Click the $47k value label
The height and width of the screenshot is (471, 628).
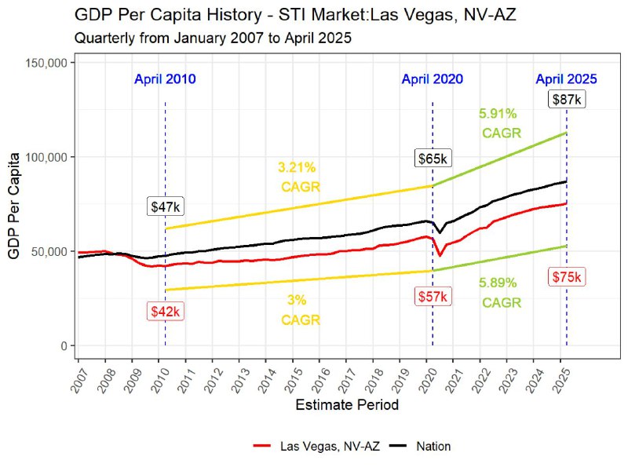click(165, 206)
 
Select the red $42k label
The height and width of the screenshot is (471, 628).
click(165, 312)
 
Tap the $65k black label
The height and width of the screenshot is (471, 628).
click(432, 159)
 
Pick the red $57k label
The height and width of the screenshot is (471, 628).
click(432, 297)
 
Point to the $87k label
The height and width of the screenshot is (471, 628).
click(566, 100)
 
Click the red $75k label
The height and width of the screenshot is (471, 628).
click(566, 276)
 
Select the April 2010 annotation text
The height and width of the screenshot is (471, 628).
click(165, 79)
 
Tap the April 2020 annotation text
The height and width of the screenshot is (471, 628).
click(432, 79)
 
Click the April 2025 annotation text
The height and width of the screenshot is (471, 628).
click(566, 79)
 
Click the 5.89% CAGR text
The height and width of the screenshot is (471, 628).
click(499, 292)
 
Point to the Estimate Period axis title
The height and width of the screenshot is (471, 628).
click(346, 406)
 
